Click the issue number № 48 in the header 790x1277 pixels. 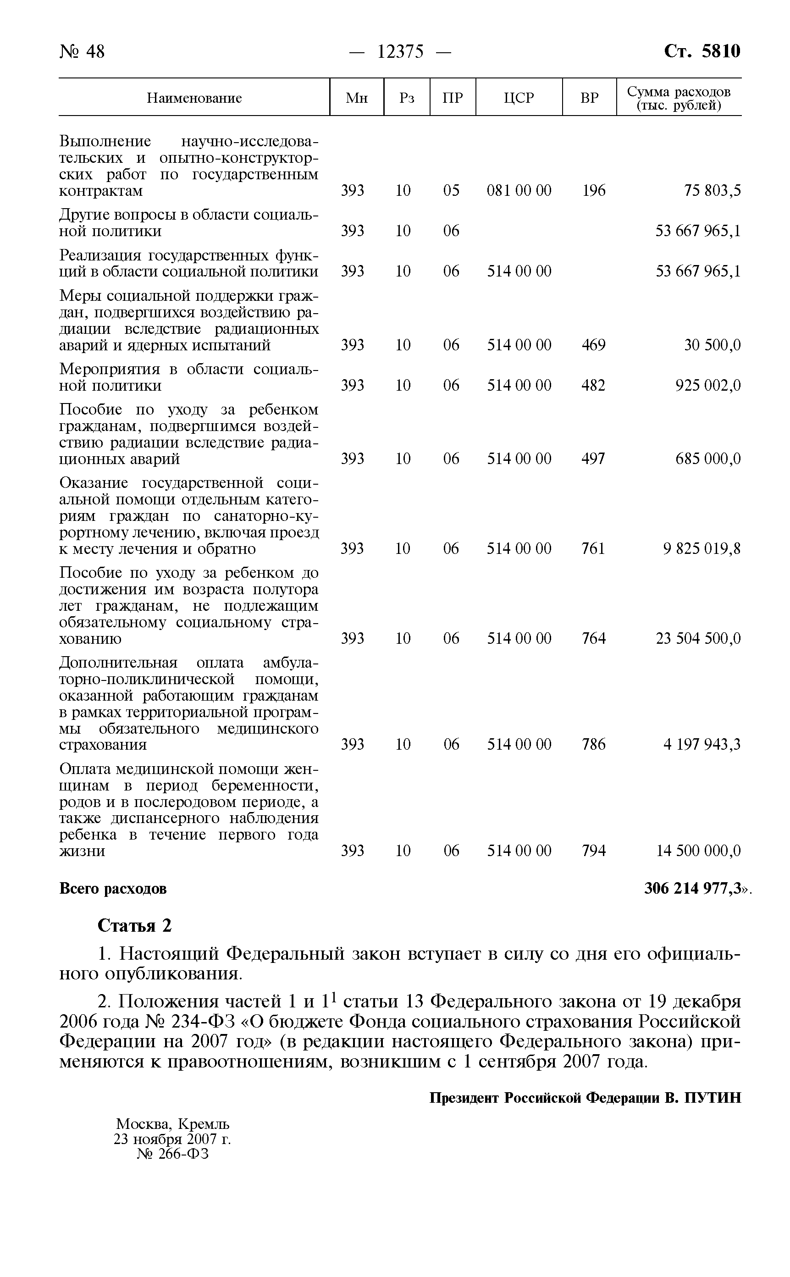(82, 52)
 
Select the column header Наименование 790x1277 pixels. (194, 98)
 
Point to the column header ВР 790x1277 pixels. (589, 98)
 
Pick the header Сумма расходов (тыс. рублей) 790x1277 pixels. (678, 98)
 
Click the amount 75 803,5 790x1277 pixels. (712, 190)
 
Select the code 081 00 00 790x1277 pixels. (519, 190)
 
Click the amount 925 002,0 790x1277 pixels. (708, 385)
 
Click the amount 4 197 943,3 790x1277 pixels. (702, 744)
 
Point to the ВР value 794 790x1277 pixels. (594, 851)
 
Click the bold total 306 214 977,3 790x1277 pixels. (693, 888)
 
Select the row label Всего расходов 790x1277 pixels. (113, 888)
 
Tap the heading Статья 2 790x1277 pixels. (134, 926)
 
